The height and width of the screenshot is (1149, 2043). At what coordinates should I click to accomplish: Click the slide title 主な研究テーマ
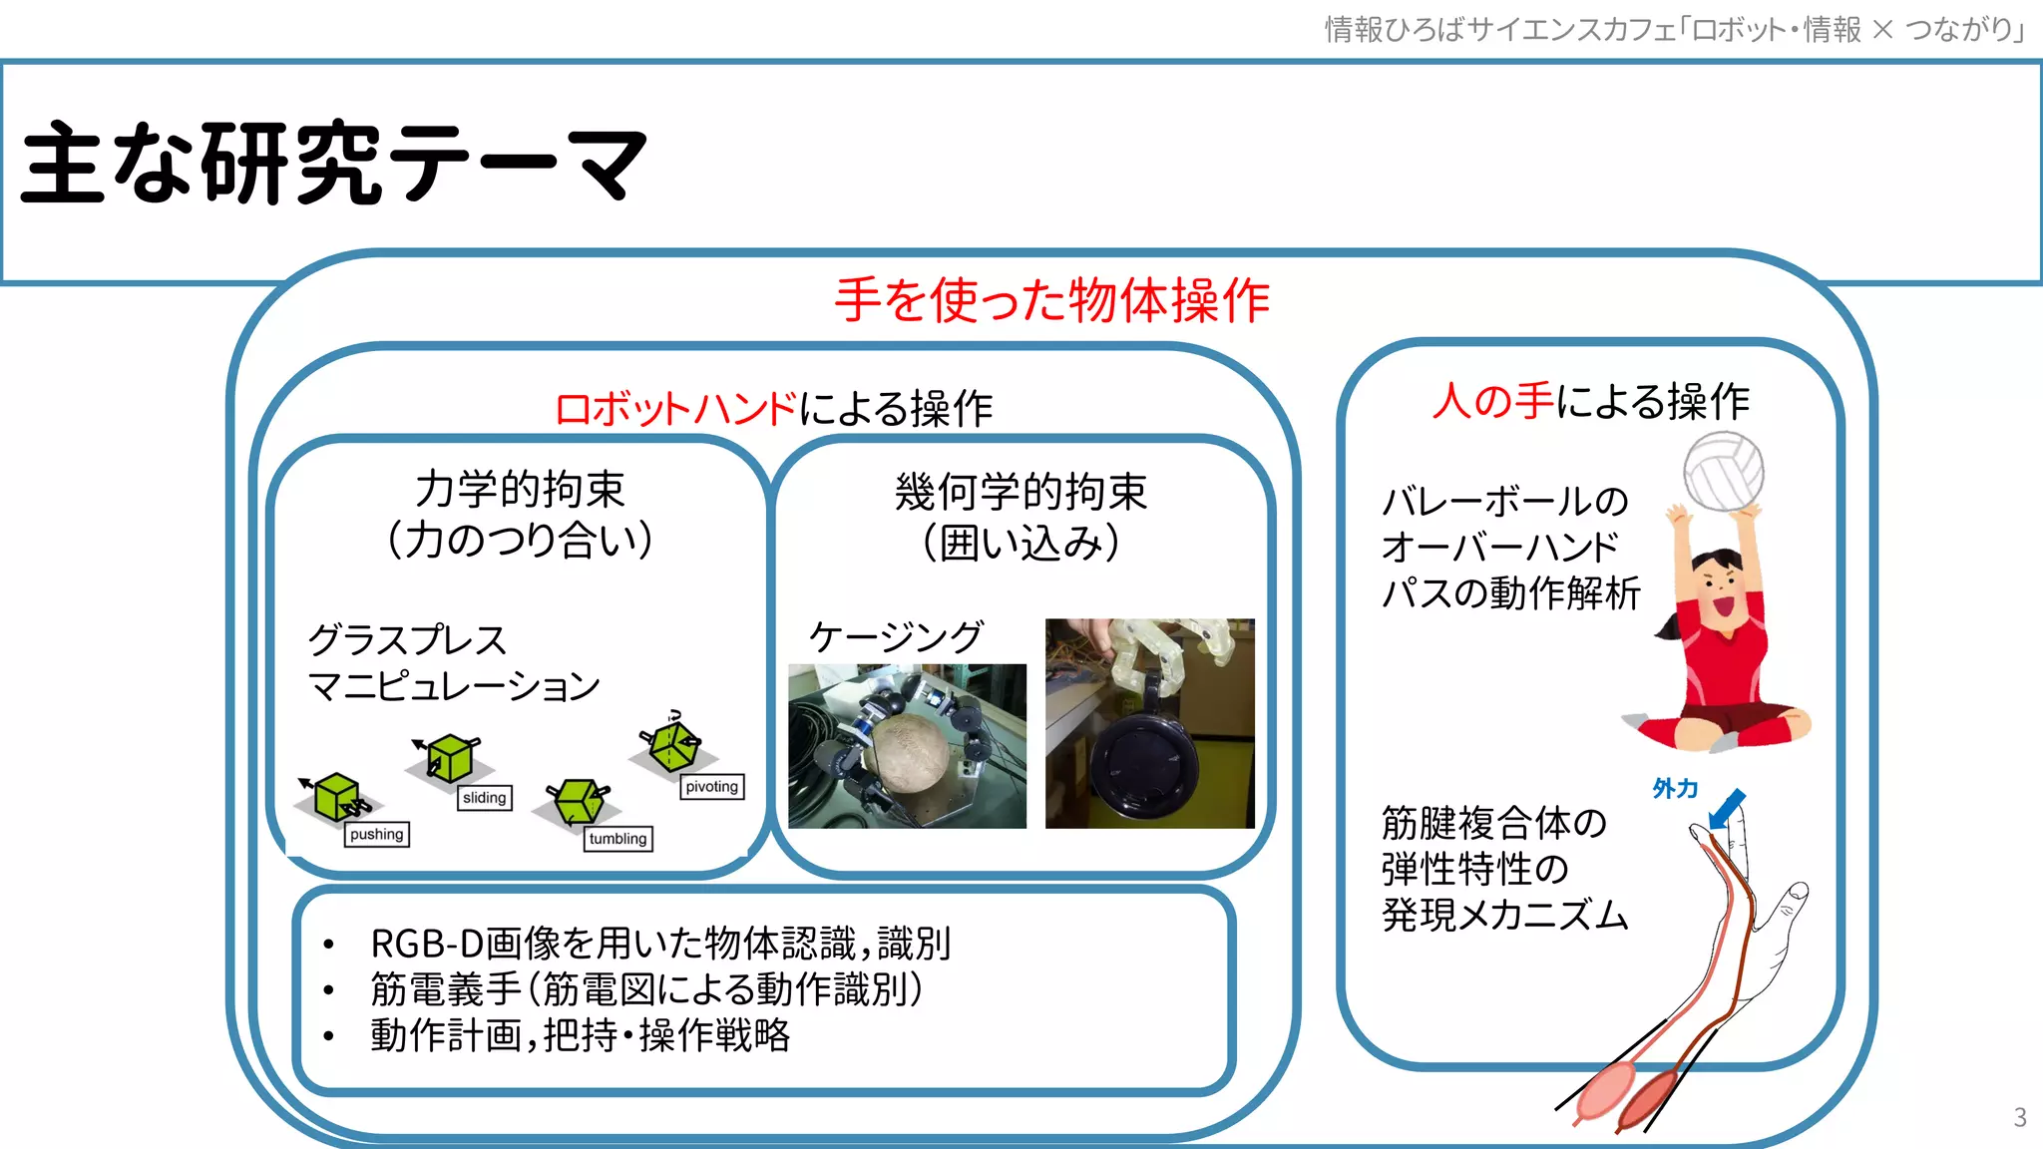coord(334,163)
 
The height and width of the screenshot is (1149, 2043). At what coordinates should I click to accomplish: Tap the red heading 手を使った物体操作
coord(1051,300)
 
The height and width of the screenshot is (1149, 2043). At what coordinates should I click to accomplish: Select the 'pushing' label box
coord(377,835)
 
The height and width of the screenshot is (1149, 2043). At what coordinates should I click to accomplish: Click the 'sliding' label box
coord(485,798)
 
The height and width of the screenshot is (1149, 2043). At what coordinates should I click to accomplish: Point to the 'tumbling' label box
coord(617,839)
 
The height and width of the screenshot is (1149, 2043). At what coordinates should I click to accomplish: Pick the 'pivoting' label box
coord(712,787)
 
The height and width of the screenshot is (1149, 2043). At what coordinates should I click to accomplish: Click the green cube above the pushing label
coord(336,797)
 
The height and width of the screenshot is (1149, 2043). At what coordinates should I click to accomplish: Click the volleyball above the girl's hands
coord(1723,471)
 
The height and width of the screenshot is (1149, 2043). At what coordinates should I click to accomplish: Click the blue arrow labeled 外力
coord(1728,808)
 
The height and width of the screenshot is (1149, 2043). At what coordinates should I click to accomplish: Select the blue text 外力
coord(1675,789)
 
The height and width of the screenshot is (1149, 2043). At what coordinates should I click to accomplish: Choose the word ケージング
coord(896,637)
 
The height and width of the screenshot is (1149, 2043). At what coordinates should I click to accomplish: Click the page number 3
coord(2019,1117)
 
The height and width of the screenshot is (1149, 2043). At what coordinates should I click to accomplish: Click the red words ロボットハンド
coord(676,409)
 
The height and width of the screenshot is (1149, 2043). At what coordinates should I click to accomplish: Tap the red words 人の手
coord(1492,401)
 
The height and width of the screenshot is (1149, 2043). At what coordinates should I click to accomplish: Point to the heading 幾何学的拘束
coord(1021,492)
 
